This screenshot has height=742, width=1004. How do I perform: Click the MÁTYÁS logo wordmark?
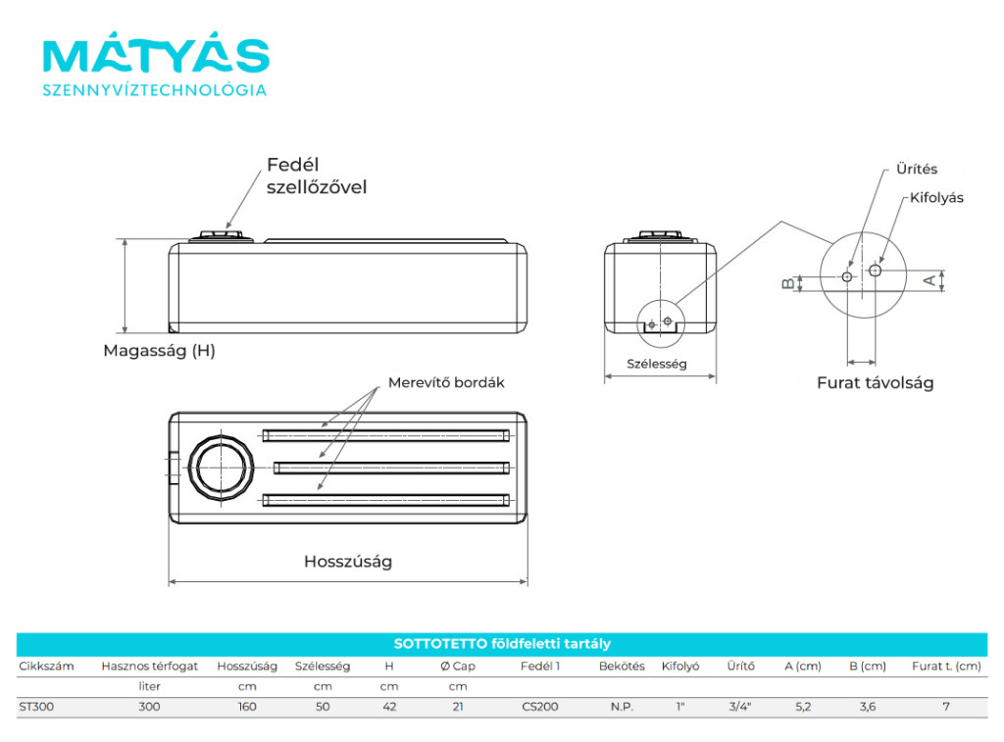point(156,57)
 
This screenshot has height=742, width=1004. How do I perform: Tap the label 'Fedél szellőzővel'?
point(317,175)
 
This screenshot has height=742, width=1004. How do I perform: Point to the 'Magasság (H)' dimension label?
point(159,350)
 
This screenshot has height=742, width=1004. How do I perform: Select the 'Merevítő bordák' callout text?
point(446,382)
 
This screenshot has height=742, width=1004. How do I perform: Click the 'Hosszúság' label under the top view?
point(348,562)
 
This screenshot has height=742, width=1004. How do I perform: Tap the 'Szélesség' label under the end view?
point(657,364)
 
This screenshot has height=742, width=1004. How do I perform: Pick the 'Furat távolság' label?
point(875,383)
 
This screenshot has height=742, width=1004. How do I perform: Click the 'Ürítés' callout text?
point(917,170)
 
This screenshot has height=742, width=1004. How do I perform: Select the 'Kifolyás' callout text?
point(936,198)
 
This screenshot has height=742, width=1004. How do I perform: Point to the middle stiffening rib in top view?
point(386,467)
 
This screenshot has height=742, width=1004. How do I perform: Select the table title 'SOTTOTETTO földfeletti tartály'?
point(502,644)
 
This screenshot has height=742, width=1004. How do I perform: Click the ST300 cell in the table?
point(37,707)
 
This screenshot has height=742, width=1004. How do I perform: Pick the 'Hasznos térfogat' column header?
point(149,667)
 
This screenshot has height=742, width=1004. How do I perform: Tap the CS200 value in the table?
point(540,707)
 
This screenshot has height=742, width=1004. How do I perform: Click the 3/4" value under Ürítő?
point(740,707)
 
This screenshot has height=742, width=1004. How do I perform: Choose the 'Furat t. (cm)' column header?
point(945,667)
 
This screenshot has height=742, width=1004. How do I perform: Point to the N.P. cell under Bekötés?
point(622,707)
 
